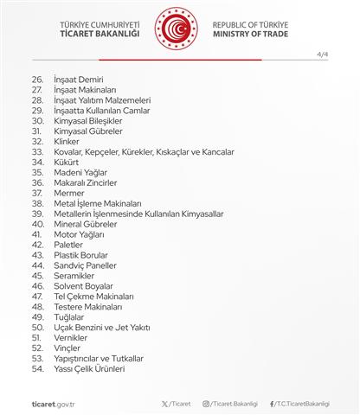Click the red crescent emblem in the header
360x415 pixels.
tap(179, 29)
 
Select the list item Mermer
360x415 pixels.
tap(67, 193)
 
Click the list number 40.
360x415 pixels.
tap(37, 224)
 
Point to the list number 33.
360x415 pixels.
tap(37, 150)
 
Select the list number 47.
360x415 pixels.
tap(37, 296)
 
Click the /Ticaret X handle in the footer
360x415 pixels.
tap(177, 402)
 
